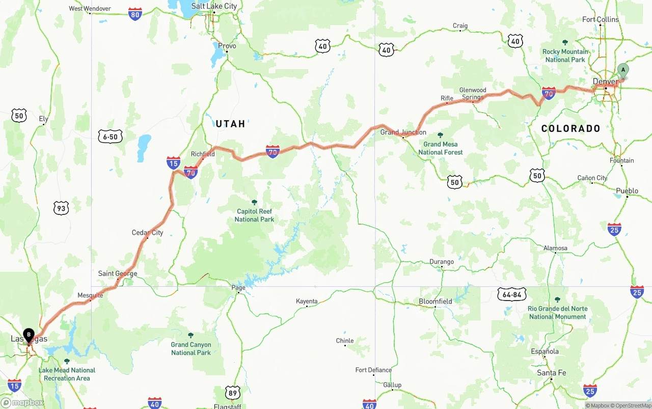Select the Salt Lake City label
coord(214,6)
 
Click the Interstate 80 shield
coord(135,14)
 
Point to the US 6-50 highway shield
coord(111,137)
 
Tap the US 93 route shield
coord(61,208)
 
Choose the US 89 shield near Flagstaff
coord(233,393)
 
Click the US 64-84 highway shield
coord(511,294)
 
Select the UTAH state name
coord(230,124)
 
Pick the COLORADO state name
coord(570,128)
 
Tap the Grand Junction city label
coord(403,132)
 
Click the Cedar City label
coord(147,233)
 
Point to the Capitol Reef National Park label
coord(254,215)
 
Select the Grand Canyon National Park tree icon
coord(191,335)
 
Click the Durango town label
coord(441,262)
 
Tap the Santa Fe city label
coord(551,373)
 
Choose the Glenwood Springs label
coord(473,94)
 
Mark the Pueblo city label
coord(627,191)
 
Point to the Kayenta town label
coord(307,302)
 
